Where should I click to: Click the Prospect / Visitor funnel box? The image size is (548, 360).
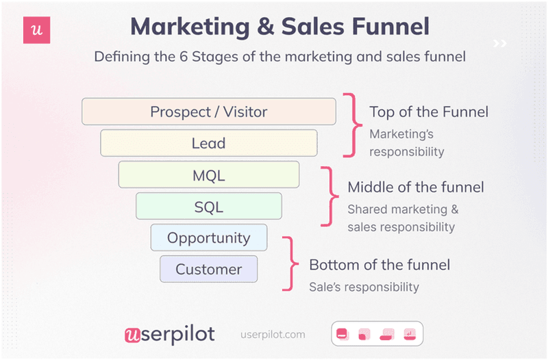click(x=208, y=112)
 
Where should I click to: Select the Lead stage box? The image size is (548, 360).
click(x=208, y=143)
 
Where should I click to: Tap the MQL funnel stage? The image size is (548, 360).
click(x=208, y=175)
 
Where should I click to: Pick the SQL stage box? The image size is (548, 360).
click(x=208, y=206)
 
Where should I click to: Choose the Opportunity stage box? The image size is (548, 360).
click(x=208, y=237)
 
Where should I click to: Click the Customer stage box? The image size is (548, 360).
click(x=208, y=269)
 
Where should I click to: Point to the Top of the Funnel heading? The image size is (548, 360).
click(x=429, y=112)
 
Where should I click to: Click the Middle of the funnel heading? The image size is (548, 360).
click(x=416, y=187)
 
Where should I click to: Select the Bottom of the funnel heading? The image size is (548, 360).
click(x=379, y=264)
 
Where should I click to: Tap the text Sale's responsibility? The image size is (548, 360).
click(x=364, y=287)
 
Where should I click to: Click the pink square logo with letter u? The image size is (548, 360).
click(x=37, y=30)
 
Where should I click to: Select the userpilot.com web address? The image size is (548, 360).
click(x=273, y=335)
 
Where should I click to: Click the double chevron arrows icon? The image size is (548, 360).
click(x=500, y=44)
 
